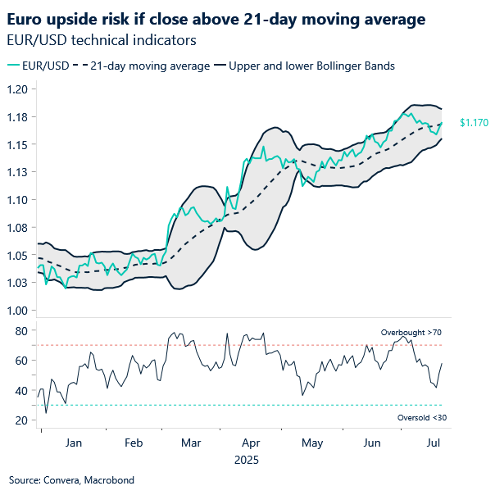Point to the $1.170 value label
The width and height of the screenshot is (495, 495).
pyautogui.click(x=474, y=123)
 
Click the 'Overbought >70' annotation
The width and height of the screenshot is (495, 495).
pyautogui.click(x=411, y=333)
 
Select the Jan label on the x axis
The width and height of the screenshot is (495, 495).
pyautogui.click(x=73, y=443)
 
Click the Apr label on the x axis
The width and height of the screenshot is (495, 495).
pyautogui.click(x=252, y=443)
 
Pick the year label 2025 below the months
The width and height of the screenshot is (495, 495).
pyautogui.click(x=246, y=461)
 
